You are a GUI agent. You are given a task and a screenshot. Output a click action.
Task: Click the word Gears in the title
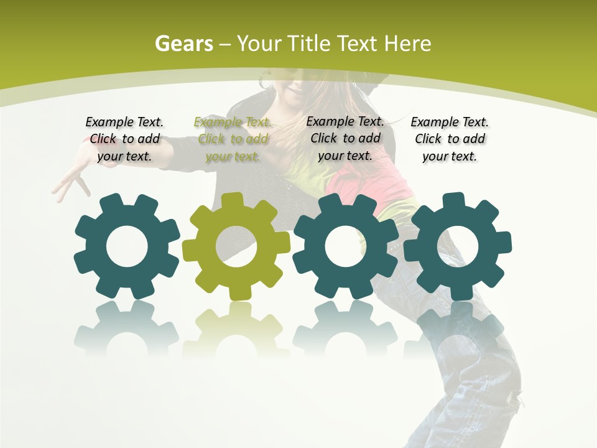tap(183, 44)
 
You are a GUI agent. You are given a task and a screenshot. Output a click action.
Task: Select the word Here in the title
tap(408, 44)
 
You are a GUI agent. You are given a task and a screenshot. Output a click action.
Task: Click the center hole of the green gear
tap(236, 246)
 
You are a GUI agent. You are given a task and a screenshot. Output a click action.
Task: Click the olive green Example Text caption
tap(233, 139)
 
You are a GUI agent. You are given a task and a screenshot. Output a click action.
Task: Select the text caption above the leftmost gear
tap(124, 139)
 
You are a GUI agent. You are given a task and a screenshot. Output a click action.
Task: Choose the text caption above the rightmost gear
tap(450, 139)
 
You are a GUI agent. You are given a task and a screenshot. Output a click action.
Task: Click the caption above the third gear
tap(345, 138)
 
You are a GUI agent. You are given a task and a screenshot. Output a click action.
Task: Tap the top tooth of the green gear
tap(233, 200)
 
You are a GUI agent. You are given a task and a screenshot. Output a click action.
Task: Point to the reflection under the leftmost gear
tap(127, 327)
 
